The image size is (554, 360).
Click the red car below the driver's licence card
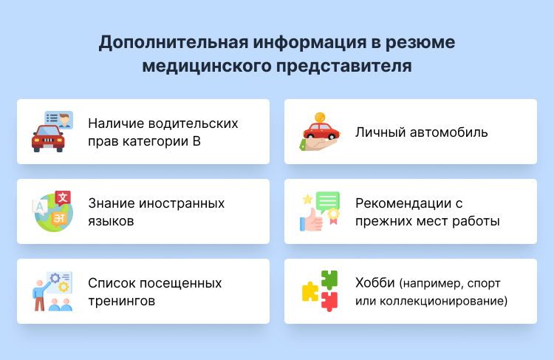click(47, 138)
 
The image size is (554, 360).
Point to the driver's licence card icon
click(59, 119)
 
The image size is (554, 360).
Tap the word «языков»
click(111, 221)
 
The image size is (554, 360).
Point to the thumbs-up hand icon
click(310, 220)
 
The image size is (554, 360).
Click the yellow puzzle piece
click(310, 291)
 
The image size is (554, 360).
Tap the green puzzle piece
click(329, 279)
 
